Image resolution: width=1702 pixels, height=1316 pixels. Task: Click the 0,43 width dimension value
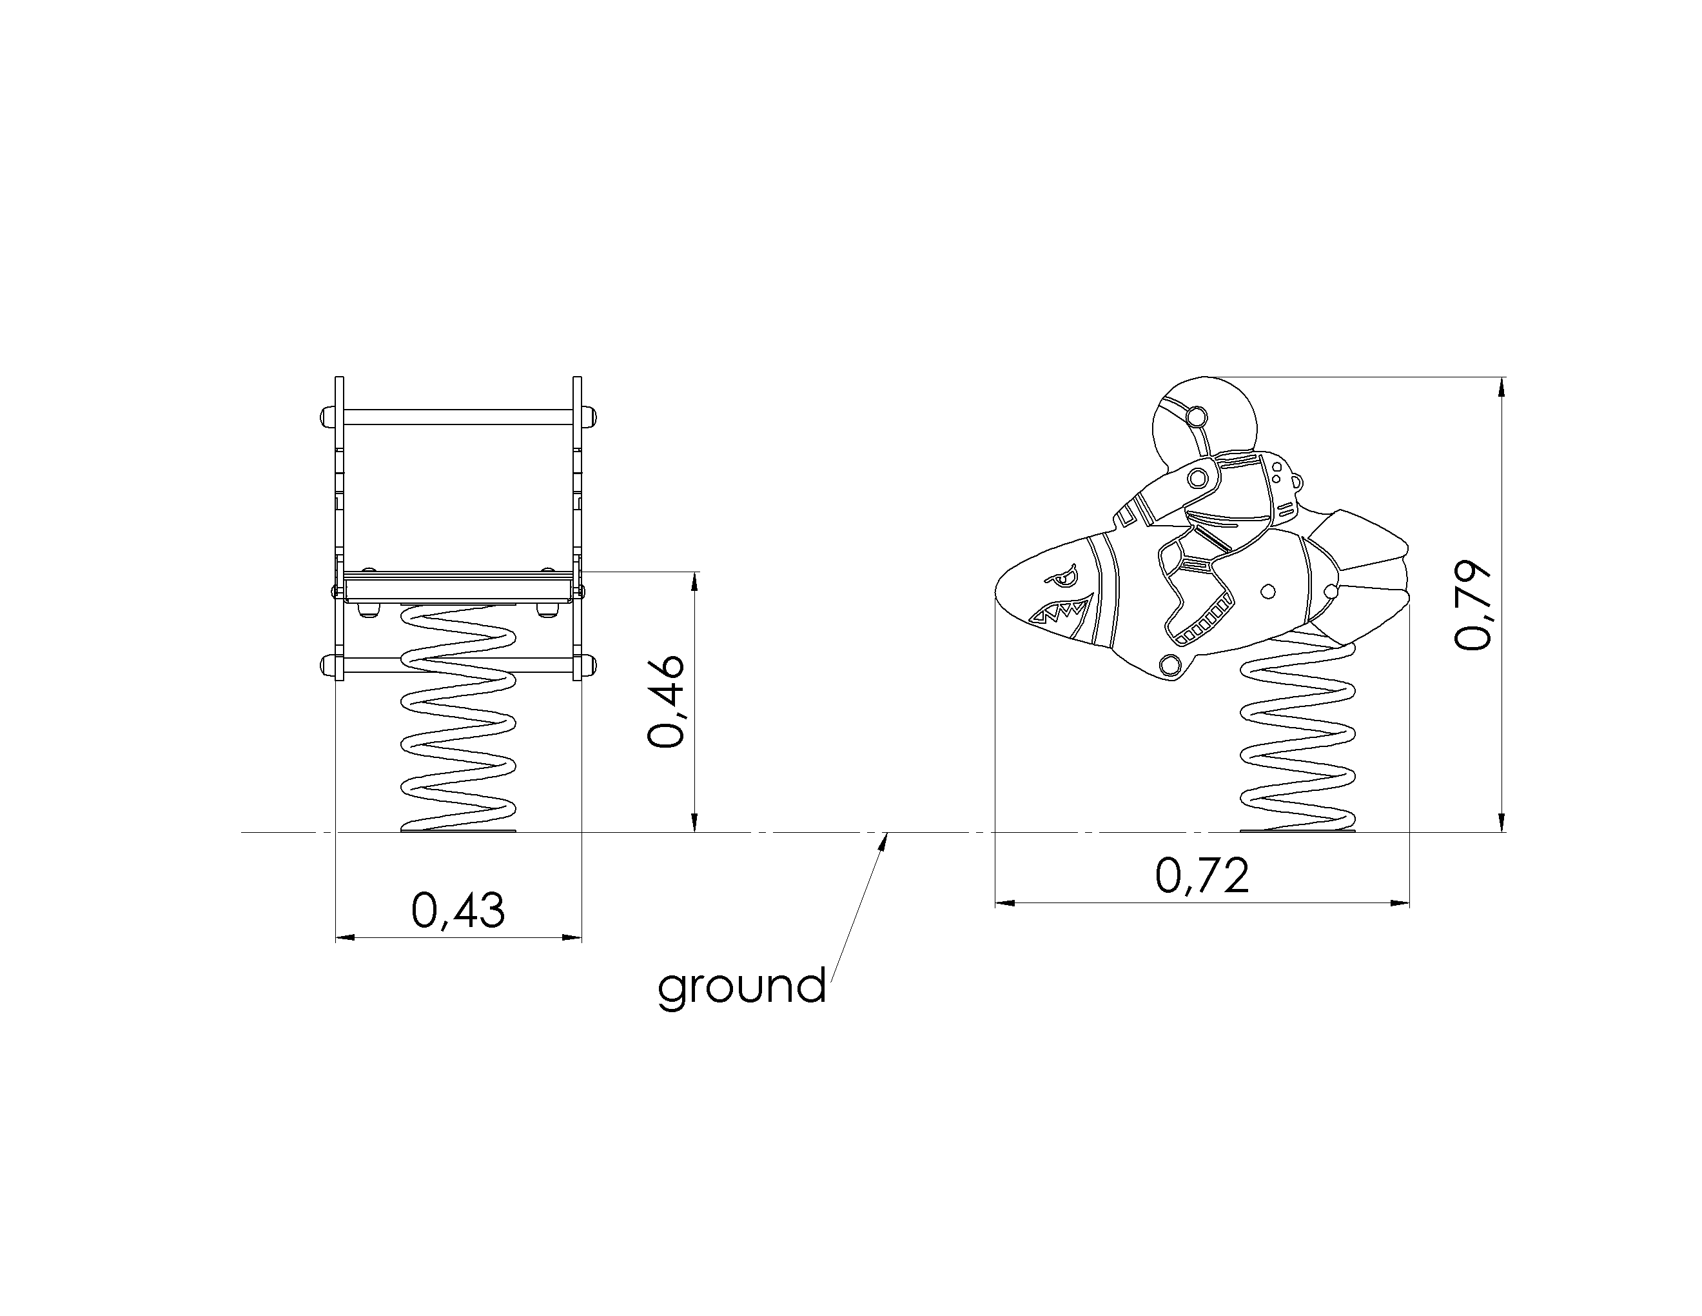point(458,910)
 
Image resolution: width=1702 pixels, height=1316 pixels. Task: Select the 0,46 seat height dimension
point(667,702)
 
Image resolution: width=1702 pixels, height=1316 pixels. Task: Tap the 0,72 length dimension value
point(1202,875)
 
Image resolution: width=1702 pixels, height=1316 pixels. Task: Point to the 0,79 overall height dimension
point(1473,604)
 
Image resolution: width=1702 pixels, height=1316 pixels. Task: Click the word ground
point(742,987)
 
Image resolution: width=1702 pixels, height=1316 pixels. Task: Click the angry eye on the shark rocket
point(1062,579)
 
